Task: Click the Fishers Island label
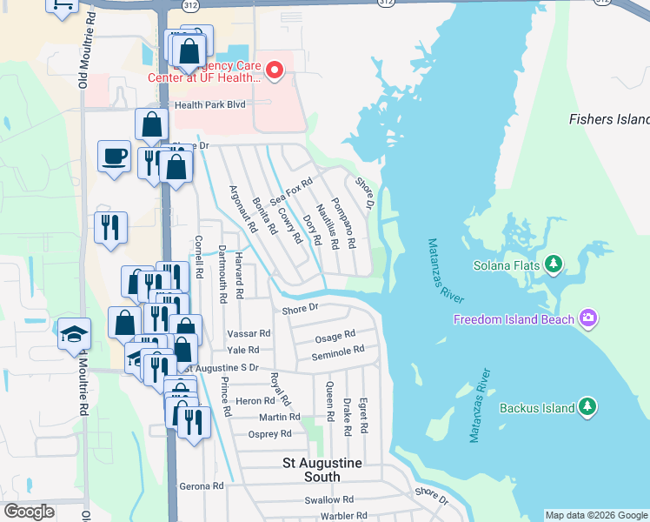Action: click(x=609, y=119)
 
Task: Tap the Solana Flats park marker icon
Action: click(x=554, y=264)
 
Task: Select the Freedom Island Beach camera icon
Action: click(x=588, y=318)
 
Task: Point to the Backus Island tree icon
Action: click(x=587, y=407)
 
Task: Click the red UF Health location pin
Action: click(x=275, y=70)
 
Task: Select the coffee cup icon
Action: click(x=114, y=157)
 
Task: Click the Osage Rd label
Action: click(x=335, y=335)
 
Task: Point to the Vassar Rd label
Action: click(x=249, y=333)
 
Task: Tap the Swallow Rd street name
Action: click(x=329, y=500)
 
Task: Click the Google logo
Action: click(x=30, y=512)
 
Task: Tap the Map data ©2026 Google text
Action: click(x=595, y=515)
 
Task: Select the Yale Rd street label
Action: click(x=243, y=350)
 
